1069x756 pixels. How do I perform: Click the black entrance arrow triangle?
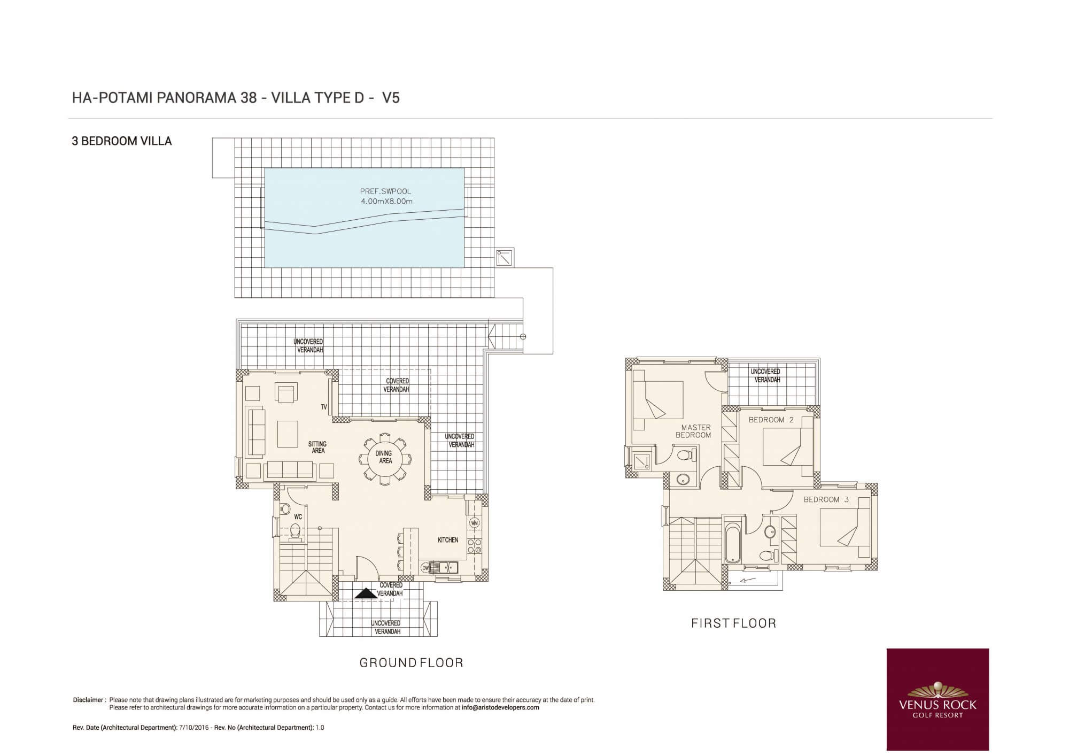366,593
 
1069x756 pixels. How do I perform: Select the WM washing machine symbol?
474,522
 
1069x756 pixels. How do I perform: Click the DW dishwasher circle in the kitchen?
425,568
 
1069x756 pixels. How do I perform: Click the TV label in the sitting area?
324,407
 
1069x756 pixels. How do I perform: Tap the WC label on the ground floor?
298,517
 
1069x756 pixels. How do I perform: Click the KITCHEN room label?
448,540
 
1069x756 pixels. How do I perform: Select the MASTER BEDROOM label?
694,431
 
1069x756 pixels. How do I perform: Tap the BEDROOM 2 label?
771,420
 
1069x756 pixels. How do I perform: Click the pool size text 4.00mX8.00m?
386,202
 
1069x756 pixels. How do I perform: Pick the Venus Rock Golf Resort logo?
938,699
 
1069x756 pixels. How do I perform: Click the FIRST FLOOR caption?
733,623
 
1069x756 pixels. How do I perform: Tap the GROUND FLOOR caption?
411,663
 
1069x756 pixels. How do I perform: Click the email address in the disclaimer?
500,707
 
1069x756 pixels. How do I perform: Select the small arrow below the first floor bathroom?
748,580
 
